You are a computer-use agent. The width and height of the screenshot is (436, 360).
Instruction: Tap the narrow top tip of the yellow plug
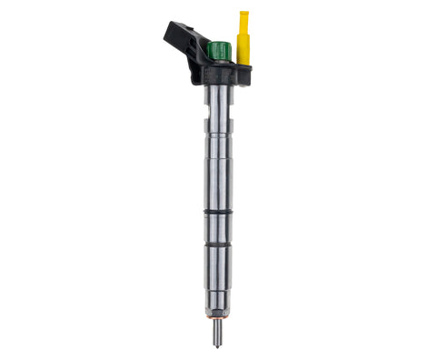243,17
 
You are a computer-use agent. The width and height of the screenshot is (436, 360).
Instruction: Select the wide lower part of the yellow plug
243,47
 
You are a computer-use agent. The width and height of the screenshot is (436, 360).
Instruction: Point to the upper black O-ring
218,214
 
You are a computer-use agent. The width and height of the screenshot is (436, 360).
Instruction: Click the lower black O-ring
218,246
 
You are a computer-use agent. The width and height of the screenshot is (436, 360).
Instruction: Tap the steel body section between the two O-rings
218,230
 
